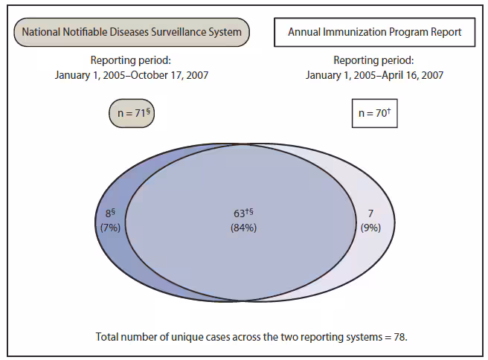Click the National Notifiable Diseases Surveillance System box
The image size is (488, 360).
point(132,32)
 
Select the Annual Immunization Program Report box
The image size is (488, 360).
point(374,32)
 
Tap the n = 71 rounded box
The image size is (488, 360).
point(132,114)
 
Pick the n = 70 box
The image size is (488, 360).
point(374,114)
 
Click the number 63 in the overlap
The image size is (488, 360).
point(240,214)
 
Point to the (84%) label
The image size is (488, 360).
point(243,228)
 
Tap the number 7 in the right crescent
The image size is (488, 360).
point(370,214)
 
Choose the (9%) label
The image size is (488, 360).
point(370,228)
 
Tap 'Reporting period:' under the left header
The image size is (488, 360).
point(132,60)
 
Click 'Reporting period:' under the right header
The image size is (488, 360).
point(374,60)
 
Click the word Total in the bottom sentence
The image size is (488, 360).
point(107,336)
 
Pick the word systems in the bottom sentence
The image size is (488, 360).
point(362,336)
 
